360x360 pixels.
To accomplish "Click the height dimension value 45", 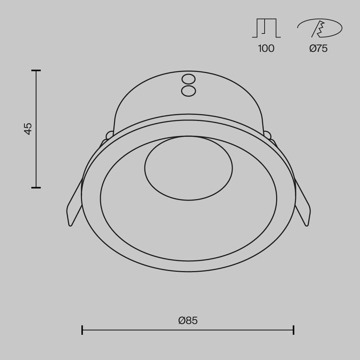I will [28, 128].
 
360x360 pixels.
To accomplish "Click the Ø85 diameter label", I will [188, 320].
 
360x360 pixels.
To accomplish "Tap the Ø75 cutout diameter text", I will [318, 48].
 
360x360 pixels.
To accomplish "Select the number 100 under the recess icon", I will [266, 48].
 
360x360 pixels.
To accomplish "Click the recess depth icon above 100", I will [266, 28].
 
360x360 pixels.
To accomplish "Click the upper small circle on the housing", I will [188, 79].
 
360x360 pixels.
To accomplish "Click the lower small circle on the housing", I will [188, 90].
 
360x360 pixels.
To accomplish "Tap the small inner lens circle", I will [188, 168].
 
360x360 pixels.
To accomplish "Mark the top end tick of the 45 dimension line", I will [35, 70].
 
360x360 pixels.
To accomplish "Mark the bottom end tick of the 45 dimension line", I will [35, 187].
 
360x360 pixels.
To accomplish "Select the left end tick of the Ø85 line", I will [82, 329].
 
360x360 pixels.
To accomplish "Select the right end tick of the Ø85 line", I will [293, 329].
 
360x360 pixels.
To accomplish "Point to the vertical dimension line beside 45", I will [35, 150].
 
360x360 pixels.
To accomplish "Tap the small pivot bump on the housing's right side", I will [267, 134].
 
